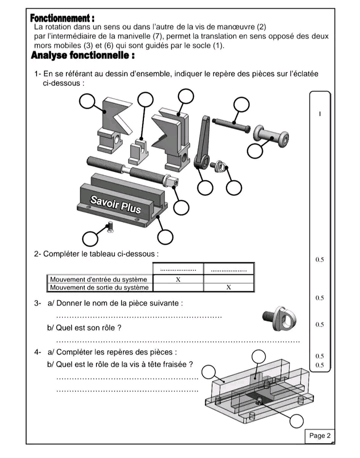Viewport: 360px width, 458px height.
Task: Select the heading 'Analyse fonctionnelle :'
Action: [x=82, y=55]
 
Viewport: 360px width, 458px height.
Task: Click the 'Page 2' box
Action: [x=320, y=436]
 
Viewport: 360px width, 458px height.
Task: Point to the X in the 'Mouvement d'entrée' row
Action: [x=178, y=280]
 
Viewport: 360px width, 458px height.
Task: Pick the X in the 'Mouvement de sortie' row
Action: [x=228, y=287]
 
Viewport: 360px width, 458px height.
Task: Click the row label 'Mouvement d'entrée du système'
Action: [x=98, y=280]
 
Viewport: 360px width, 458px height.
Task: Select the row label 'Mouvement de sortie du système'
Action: [x=99, y=287]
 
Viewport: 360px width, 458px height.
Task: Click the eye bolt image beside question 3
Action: [x=279, y=317]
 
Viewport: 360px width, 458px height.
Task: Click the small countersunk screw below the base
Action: [x=111, y=228]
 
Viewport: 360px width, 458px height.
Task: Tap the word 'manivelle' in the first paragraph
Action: [x=147, y=36]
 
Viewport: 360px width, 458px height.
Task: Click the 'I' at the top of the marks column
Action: [x=319, y=114]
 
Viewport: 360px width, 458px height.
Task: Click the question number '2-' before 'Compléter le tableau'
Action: [x=38, y=254]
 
